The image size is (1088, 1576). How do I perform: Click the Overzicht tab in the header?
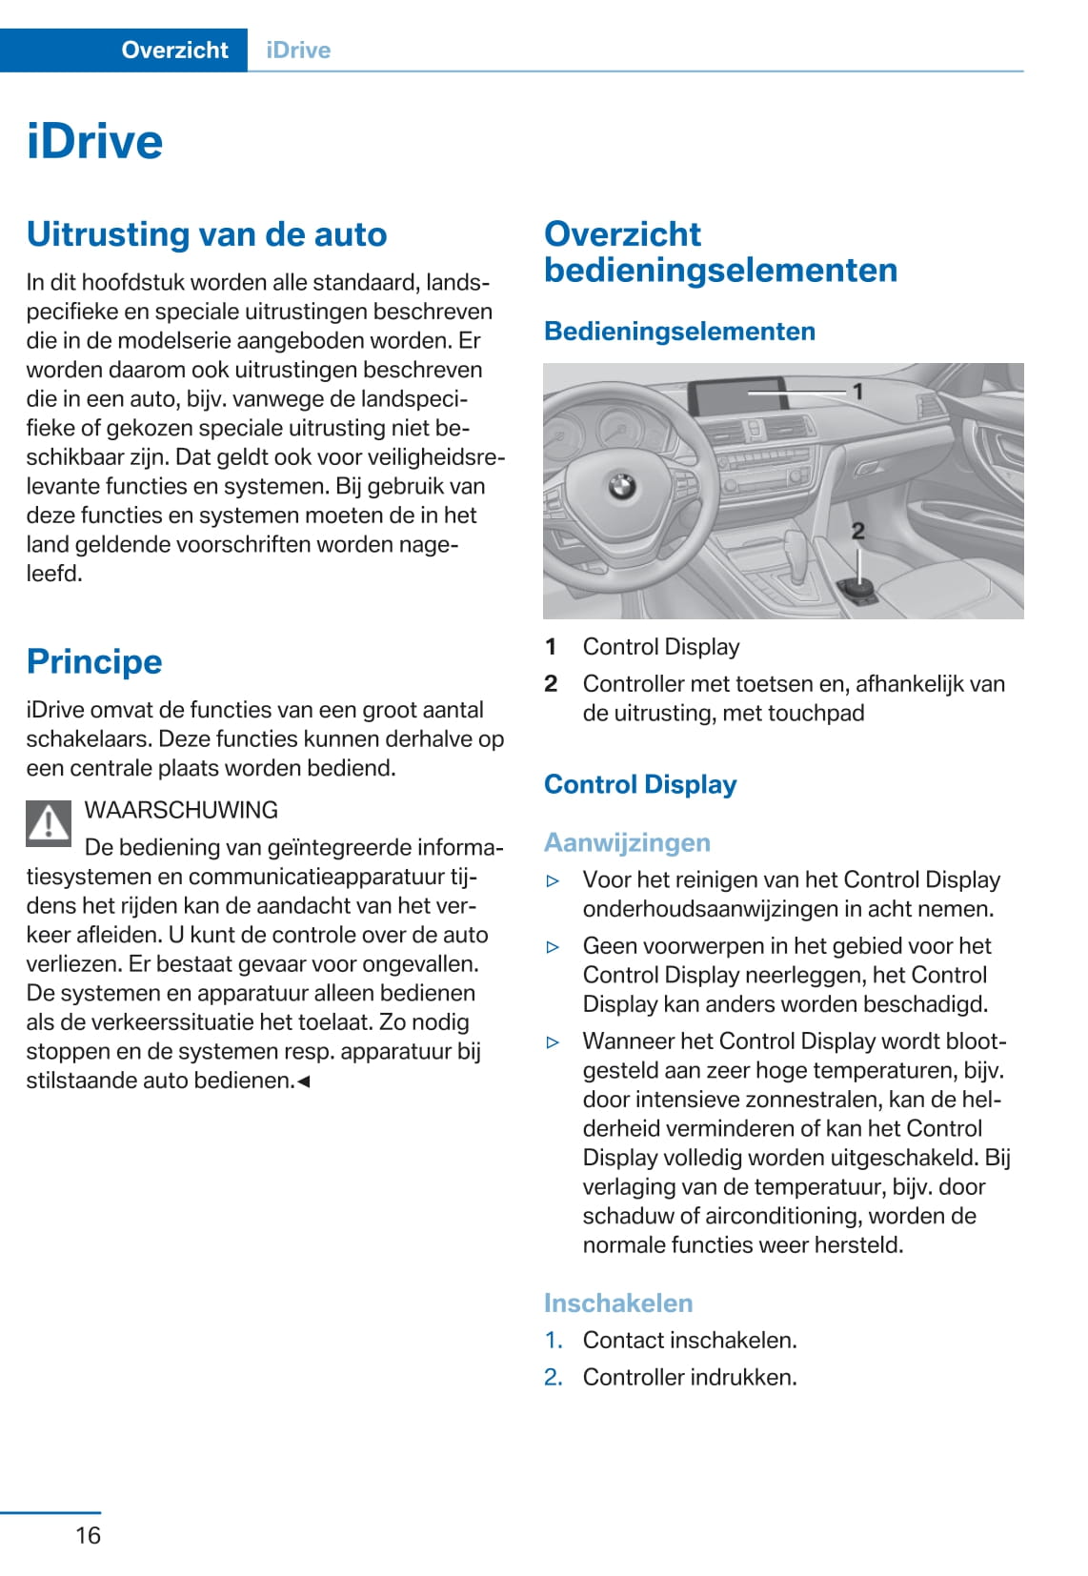coord(174,51)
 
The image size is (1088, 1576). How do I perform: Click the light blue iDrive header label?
coord(298,51)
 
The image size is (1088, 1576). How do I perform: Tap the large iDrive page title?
coord(95,142)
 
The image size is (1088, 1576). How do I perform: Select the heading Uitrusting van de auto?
coord(207,234)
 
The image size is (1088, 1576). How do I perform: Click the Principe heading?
coord(94,661)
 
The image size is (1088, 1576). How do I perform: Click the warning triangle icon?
coord(49,822)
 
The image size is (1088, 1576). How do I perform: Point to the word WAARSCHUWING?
coord(181,810)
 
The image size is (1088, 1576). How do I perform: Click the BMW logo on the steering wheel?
coord(621,488)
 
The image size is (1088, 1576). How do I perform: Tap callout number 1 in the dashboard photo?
coord(857,392)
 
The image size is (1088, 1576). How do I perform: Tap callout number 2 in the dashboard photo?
coord(857,532)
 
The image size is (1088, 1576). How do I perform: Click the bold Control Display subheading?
coord(640,784)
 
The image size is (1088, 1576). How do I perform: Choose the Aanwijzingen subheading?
coord(627,842)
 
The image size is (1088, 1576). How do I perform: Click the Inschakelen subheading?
coord(618,1303)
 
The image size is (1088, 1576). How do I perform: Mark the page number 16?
coord(88,1535)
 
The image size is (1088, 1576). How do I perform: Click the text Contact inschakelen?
coord(690,1340)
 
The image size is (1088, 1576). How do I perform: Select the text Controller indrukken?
coord(690,1377)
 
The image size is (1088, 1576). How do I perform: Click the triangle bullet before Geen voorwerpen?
coord(553,947)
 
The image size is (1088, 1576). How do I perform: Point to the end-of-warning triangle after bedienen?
coord(304,1081)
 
